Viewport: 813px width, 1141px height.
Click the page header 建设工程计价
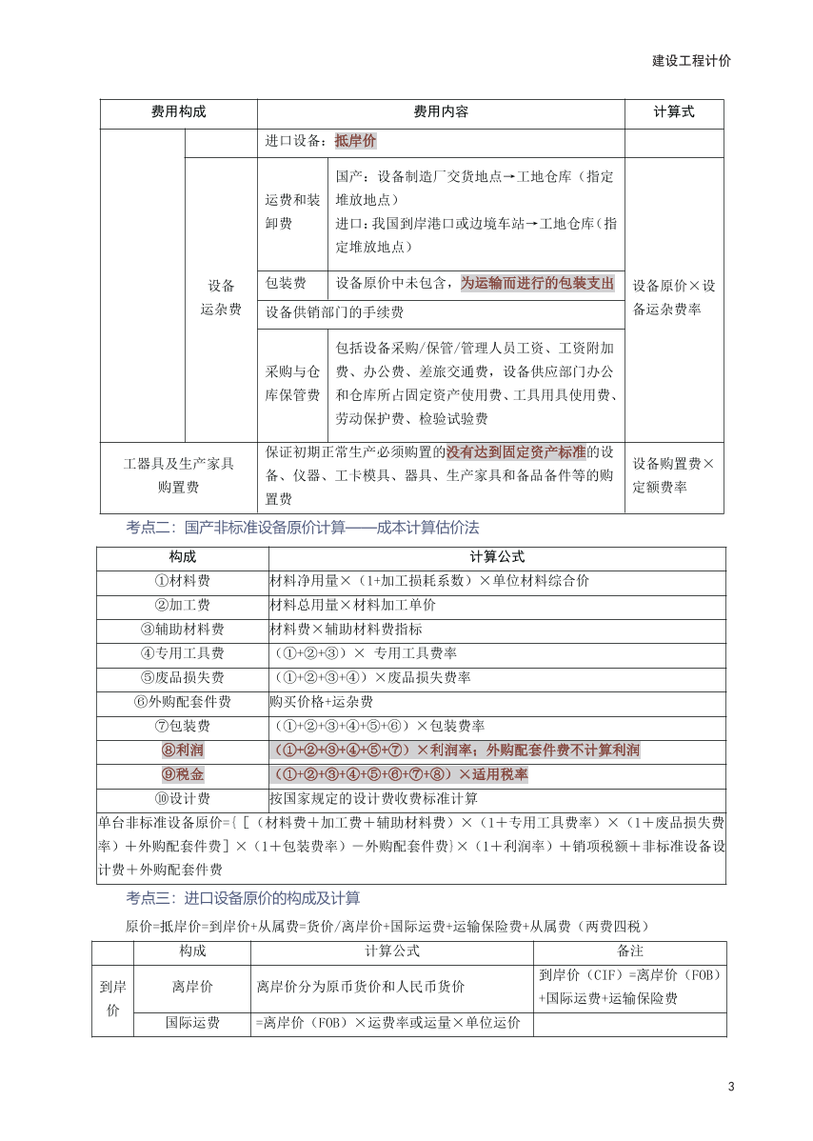point(691,60)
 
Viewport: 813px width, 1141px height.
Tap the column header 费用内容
point(440,112)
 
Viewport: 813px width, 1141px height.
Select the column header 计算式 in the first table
point(673,112)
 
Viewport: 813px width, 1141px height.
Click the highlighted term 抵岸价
point(355,141)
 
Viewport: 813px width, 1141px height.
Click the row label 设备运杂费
point(221,297)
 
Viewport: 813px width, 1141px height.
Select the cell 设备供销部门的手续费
point(334,312)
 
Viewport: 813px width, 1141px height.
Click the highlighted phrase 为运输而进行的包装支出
point(537,284)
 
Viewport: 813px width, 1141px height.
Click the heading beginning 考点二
point(302,527)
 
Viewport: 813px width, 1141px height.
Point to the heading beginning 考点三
point(243,898)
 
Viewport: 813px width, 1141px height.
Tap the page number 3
point(730,1087)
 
